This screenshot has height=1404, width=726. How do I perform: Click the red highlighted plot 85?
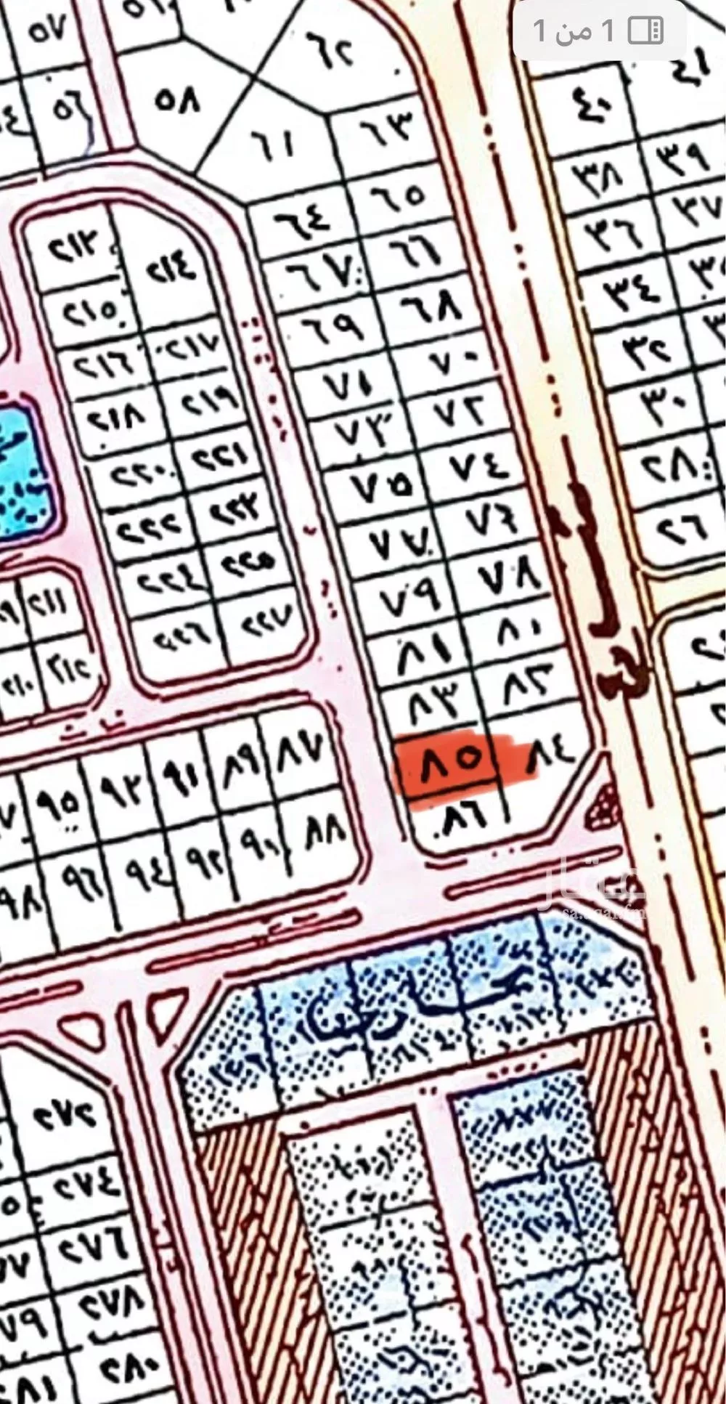444,763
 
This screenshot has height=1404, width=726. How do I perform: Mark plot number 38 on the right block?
600,175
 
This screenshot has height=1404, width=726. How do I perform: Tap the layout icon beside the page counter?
645,31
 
